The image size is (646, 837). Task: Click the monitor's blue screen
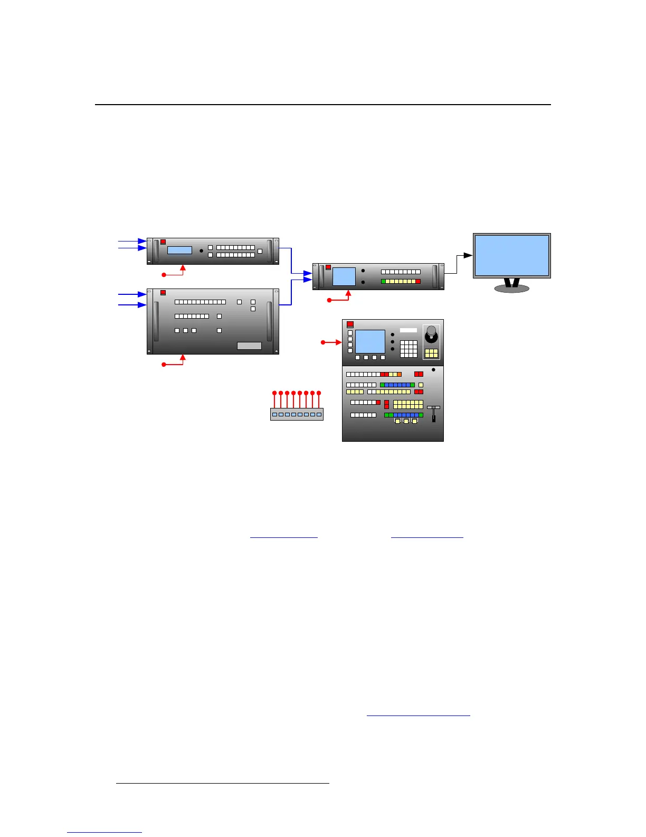[x=511, y=255]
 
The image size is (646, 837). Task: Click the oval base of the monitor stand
[x=511, y=289]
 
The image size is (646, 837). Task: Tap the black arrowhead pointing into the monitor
[x=468, y=255]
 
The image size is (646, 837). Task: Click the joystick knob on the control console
[x=431, y=331]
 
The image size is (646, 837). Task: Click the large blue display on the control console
[x=370, y=341]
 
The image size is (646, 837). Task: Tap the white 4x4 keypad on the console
[x=408, y=349]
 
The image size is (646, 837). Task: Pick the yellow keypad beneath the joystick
[x=431, y=353]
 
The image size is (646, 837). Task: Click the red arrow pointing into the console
[x=338, y=342]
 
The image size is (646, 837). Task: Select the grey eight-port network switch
[x=297, y=414]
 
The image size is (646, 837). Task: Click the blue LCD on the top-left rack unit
[x=179, y=250]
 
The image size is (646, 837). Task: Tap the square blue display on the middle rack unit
[x=344, y=276]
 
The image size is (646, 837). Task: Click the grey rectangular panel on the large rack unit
[x=249, y=346]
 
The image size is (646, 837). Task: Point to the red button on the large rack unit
[x=163, y=293]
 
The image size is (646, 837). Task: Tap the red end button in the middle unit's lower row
[x=418, y=282]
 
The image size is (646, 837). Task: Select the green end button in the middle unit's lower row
[x=383, y=282]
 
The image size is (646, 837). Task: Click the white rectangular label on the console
[x=408, y=330]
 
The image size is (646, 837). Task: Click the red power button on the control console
[x=350, y=324]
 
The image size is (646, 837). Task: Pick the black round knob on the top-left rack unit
[x=201, y=250]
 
